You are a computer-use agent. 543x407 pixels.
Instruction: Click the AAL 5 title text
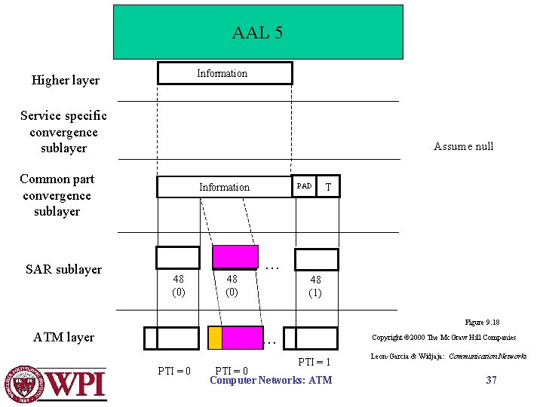coord(257,33)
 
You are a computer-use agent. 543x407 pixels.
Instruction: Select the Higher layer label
coord(65,80)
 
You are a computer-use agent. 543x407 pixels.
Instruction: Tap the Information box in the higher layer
coord(224,73)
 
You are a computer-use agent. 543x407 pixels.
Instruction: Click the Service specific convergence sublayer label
coord(63,132)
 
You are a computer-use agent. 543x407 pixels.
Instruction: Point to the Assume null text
coord(463,146)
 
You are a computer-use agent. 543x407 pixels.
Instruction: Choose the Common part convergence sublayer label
coord(57,195)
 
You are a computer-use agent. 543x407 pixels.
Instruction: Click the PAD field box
coord(304,186)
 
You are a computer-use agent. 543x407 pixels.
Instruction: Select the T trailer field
coord(327,186)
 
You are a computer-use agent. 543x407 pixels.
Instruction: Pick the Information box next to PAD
coord(224,187)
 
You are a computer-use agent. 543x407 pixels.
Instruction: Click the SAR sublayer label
coord(63,269)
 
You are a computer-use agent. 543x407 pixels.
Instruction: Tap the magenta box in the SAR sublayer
coord(235,257)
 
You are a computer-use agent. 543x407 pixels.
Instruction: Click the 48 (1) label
coord(315,286)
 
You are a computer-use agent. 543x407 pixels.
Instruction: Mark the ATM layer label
coord(64,337)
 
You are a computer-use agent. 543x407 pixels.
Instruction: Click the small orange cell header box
coord(215,338)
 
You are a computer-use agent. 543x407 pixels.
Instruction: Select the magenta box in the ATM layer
coord(242,338)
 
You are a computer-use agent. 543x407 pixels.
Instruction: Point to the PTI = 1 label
coord(314,363)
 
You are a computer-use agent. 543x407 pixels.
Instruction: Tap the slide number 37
coord(491,380)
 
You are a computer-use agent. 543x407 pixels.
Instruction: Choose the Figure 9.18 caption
coord(482,322)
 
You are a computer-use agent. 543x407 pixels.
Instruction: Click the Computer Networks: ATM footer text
coord(270,380)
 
